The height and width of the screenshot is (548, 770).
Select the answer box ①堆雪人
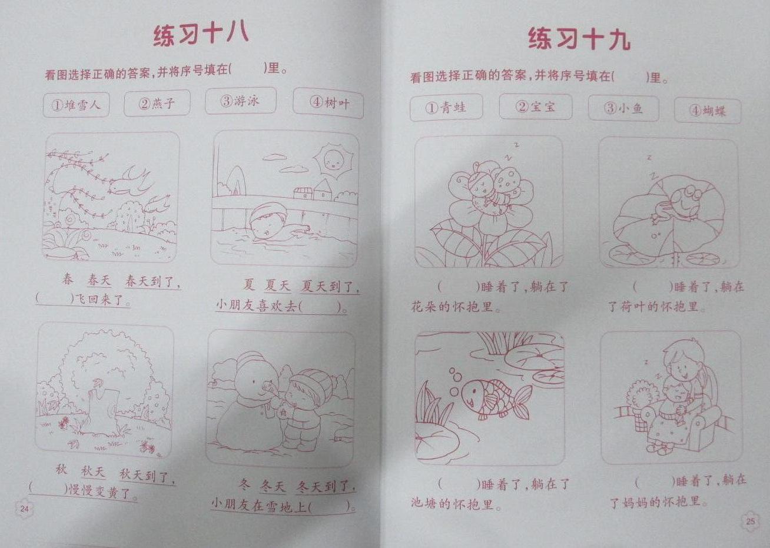77,105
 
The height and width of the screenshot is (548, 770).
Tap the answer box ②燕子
157,103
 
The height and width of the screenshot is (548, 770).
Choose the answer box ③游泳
241,101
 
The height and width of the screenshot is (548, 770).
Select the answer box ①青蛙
446,108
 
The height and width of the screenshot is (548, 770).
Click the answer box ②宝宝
536,107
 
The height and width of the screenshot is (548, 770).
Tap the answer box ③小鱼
623,109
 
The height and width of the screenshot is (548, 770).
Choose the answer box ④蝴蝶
708,111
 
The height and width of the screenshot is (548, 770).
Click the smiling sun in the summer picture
332,161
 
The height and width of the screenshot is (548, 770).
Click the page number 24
24,509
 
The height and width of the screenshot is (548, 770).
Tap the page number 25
751,522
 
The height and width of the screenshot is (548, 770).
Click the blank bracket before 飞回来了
55,298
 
